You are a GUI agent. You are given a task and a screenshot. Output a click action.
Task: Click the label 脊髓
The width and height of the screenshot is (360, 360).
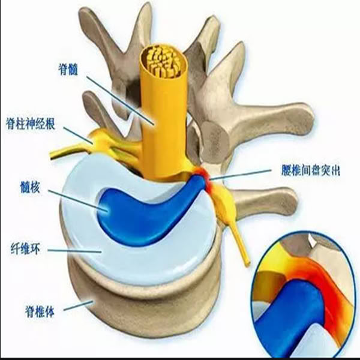tap(68, 70)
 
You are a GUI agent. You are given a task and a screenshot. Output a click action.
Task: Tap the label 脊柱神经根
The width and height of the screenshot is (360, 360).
tap(31, 124)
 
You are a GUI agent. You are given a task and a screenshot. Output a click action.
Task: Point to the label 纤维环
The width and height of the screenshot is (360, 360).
tap(25, 249)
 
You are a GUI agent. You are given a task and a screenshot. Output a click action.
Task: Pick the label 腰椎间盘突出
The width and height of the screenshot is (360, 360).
tap(311, 170)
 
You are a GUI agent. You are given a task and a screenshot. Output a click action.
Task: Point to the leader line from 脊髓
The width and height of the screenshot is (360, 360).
tap(120, 100)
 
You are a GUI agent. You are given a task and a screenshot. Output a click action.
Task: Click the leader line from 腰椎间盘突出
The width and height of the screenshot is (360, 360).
tap(241, 175)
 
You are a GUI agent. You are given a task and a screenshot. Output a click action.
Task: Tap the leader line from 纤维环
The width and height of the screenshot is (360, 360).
tap(74, 251)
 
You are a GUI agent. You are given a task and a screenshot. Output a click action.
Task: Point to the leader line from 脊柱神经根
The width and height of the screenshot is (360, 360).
tap(78, 135)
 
